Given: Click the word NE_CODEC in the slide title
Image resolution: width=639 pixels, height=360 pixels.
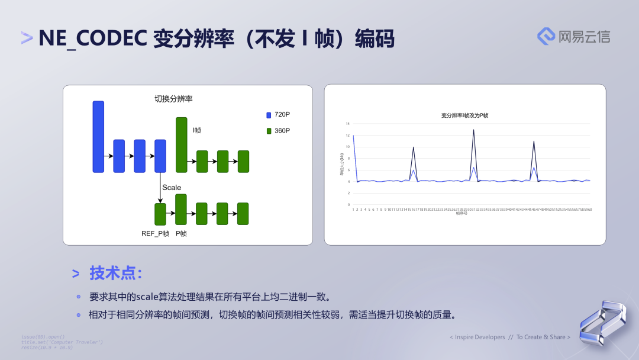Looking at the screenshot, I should click(92, 38).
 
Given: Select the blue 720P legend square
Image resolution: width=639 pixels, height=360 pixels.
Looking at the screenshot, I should click(269, 115).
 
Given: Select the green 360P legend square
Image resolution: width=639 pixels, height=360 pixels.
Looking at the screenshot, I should click(269, 131).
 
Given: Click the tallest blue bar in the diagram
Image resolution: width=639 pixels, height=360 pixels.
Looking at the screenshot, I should click(98, 137).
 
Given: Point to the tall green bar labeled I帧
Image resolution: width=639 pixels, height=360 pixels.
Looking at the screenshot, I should click(181, 144).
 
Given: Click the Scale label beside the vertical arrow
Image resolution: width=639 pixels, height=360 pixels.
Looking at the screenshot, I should click(172, 188).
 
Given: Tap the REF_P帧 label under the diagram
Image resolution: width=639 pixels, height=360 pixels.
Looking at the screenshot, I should click(155, 234).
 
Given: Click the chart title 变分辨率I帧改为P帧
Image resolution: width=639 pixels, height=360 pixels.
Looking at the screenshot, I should click(464, 115).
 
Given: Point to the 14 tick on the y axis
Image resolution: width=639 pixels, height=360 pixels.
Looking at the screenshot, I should click(348, 124).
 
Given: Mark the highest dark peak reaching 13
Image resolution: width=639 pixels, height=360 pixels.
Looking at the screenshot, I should click(473, 130).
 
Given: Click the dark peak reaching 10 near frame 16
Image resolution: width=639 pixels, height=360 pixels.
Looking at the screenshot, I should click(413, 147).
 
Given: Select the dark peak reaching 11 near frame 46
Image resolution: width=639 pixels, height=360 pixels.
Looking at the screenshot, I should click(534, 142).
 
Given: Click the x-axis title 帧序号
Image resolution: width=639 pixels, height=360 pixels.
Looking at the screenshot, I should click(461, 213).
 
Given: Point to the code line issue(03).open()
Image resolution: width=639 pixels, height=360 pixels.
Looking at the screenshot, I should click(43, 337).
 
